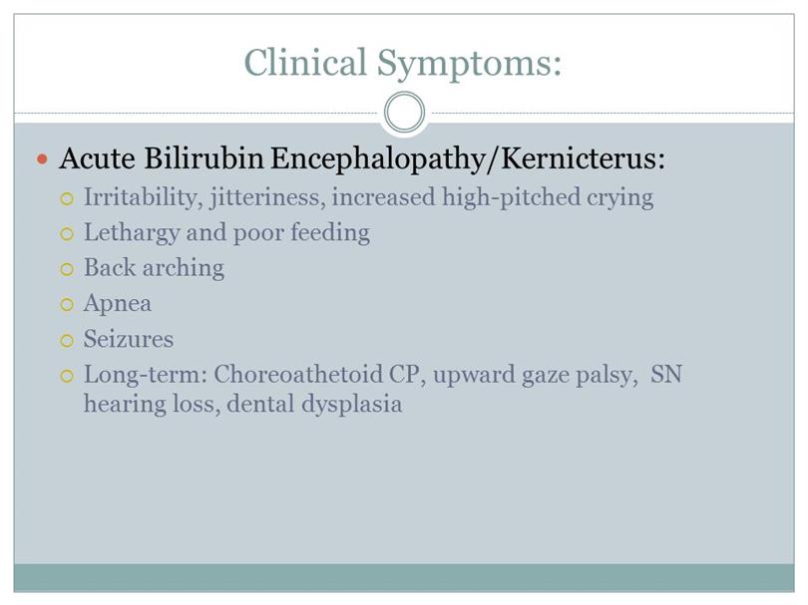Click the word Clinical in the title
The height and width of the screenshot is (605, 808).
pyautogui.click(x=305, y=62)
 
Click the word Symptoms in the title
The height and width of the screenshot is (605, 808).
pyautogui.click(x=469, y=65)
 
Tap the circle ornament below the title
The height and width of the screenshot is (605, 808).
pyautogui.click(x=405, y=112)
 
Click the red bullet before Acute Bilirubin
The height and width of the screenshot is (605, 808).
pyautogui.click(x=42, y=159)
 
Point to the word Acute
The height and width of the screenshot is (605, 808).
pyautogui.click(x=98, y=158)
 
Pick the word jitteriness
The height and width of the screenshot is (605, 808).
pyautogui.click(x=268, y=198)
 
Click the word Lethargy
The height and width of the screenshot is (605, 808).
pyautogui.click(x=132, y=233)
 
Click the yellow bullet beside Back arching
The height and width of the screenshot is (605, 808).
pyautogui.click(x=67, y=269)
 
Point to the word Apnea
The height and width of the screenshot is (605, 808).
pyautogui.click(x=118, y=304)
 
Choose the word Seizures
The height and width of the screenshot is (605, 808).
pyautogui.click(x=129, y=339)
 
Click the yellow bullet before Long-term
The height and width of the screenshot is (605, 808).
pyautogui.click(x=67, y=376)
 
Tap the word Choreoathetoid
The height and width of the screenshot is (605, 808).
pyautogui.click(x=298, y=375)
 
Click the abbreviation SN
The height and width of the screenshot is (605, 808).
pyautogui.click(x=665, y=375)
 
